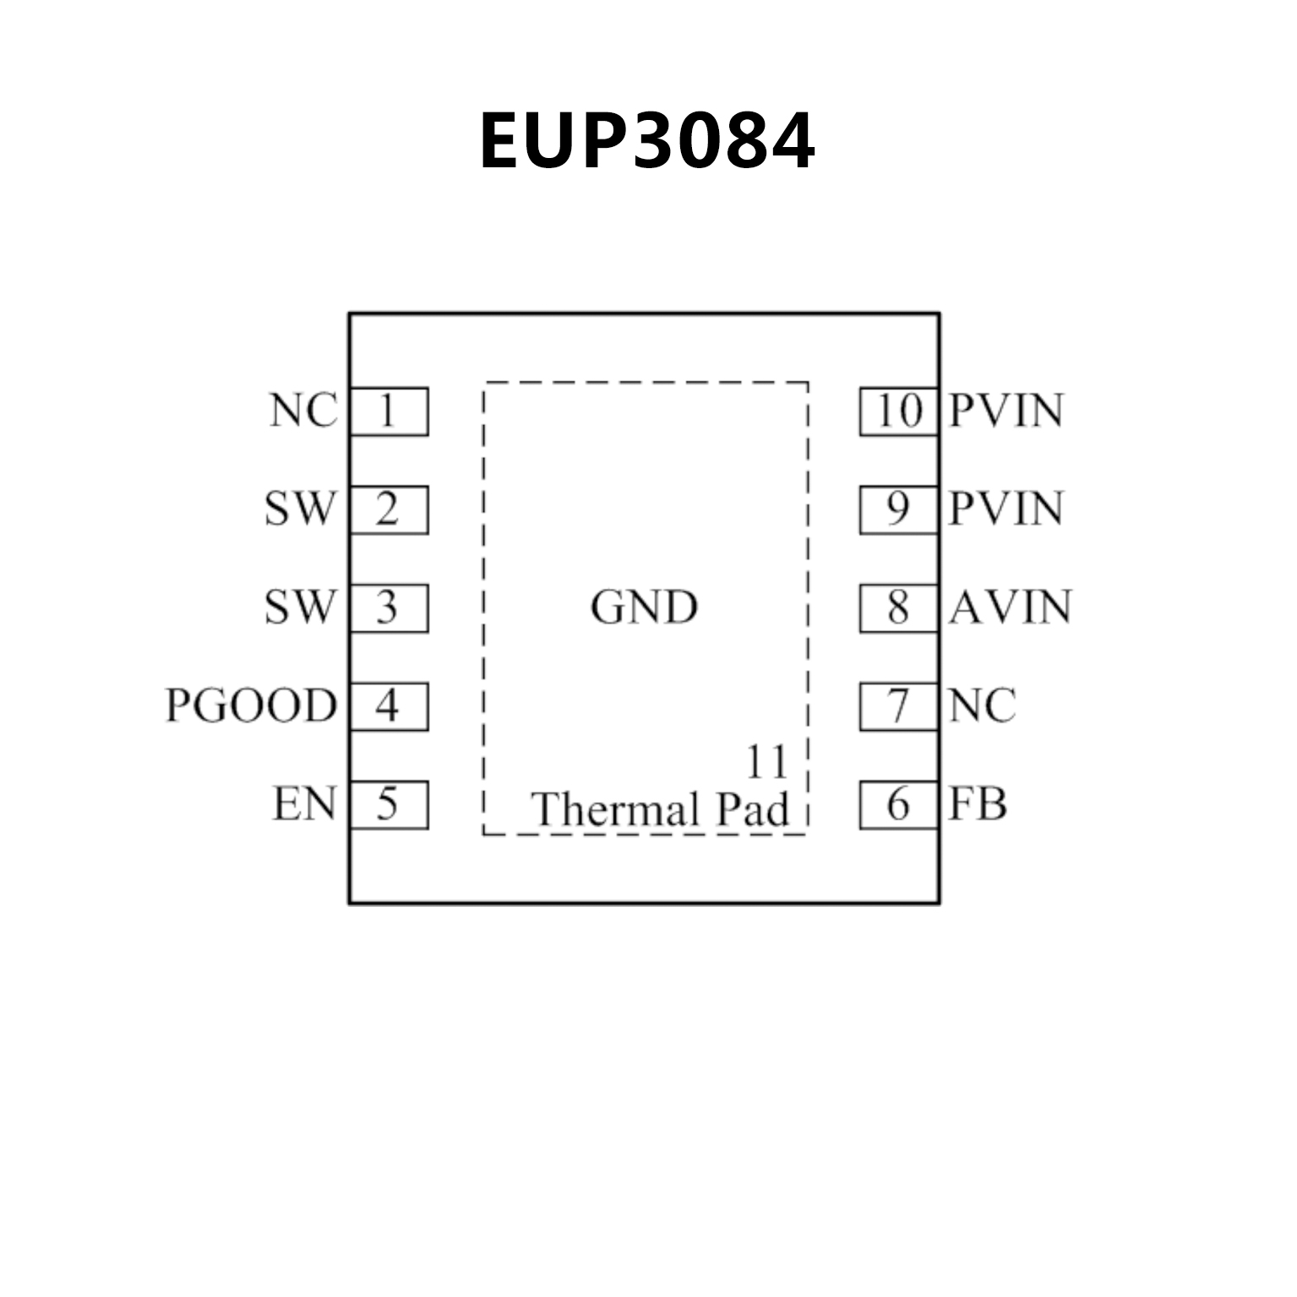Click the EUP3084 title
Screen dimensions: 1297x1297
647,141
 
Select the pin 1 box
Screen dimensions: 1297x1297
389,411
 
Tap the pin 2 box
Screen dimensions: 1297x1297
389,510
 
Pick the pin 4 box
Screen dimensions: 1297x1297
389,706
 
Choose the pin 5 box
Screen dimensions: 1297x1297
389,804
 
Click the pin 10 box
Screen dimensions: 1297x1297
899,411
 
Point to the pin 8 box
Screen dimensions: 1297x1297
899,608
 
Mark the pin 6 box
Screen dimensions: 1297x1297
899,804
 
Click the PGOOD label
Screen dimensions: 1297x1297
251,706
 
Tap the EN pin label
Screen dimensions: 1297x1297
304,804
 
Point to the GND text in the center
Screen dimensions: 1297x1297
645,608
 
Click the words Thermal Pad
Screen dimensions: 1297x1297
660,809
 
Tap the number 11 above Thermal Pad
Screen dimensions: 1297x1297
766,762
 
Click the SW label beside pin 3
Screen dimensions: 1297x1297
300,608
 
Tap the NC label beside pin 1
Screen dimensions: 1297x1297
303,411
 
